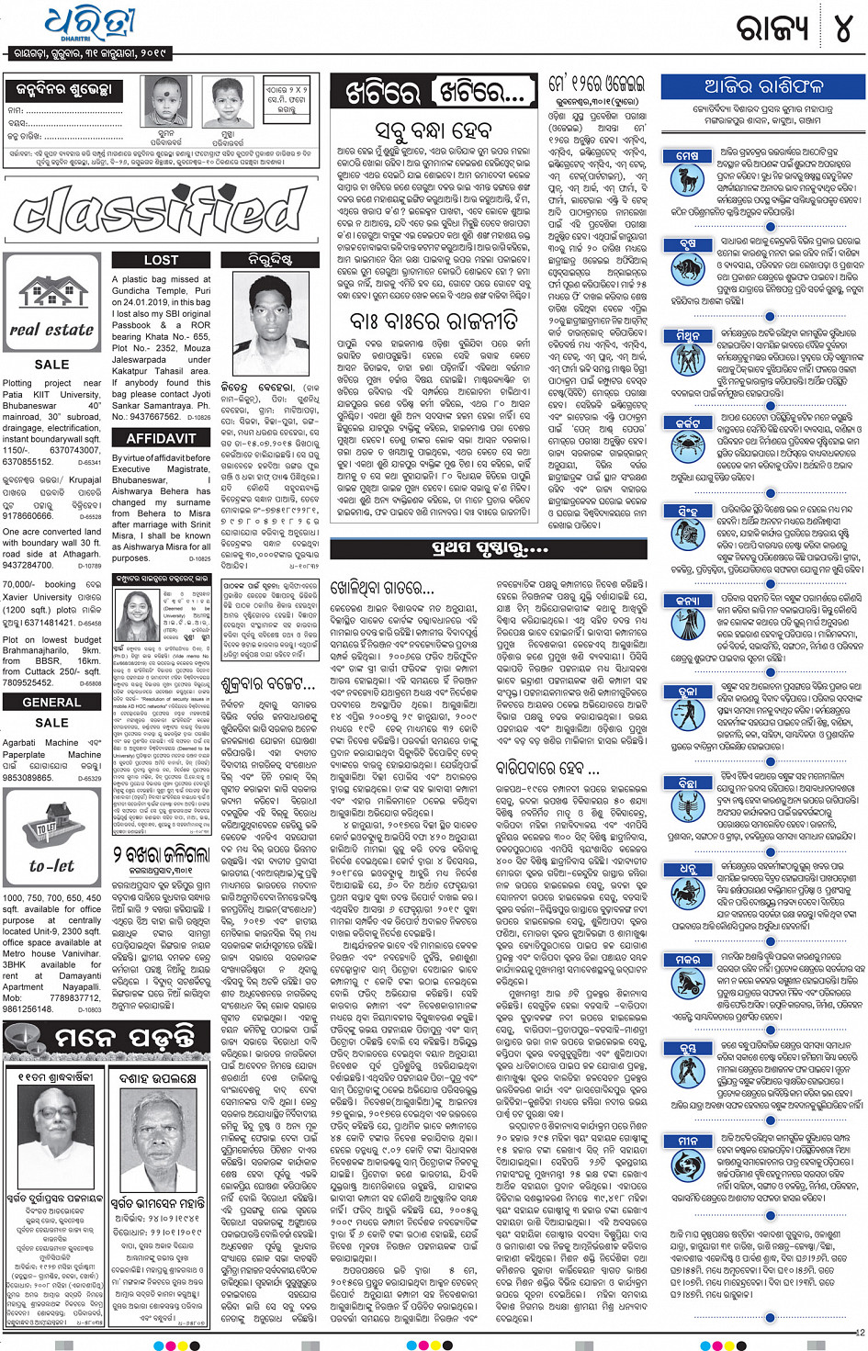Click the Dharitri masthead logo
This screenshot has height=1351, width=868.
(89, 26)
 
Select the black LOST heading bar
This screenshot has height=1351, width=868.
(161, 260)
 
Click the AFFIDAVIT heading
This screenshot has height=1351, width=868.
(161, 439)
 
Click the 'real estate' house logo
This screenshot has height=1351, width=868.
(51, 307)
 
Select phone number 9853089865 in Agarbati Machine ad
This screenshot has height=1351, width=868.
(28, 778)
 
